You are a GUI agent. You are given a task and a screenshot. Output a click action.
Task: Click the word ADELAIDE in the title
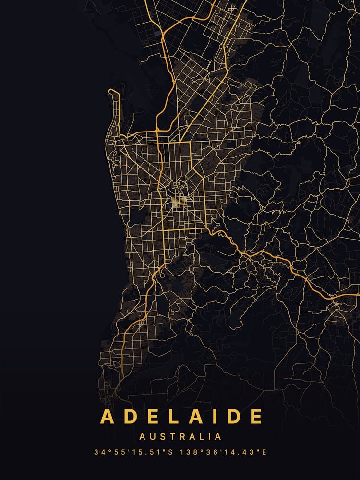[x=181, y=416]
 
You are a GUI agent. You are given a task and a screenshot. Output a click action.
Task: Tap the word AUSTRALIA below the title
[x=180, y=437]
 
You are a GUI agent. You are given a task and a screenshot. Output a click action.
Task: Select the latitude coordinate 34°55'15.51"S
[x=134, y=452]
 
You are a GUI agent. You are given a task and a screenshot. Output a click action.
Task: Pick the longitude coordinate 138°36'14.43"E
[x=223, y=452]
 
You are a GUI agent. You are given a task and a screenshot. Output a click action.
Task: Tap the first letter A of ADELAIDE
[x=107, y=416]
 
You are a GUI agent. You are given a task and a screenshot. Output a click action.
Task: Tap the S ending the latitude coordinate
[x=171, y=452]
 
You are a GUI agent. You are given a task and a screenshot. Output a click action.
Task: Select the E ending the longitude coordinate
[x=264, y=452]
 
